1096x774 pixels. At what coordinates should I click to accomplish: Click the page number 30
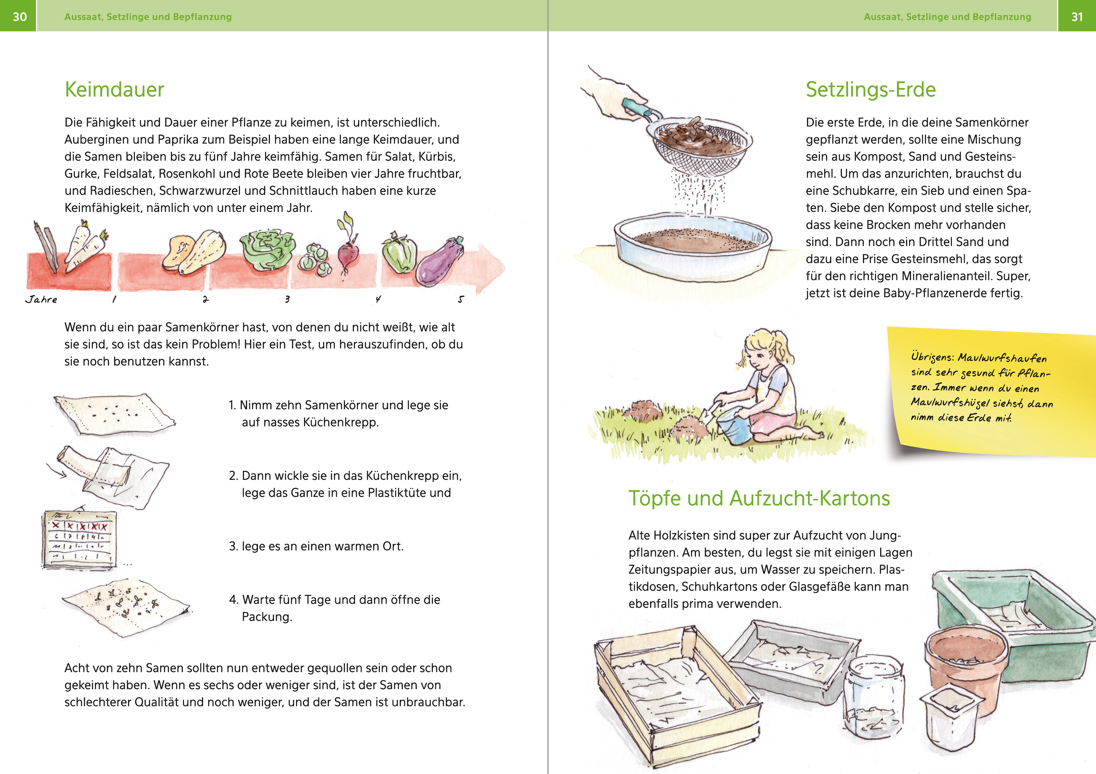point(20,17)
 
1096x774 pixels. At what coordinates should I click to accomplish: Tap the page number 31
point(1077,17)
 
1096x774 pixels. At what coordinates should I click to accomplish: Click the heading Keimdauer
point(114,89)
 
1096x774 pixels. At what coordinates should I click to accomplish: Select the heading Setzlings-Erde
point(871,89)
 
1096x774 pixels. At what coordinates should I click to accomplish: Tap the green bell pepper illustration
point(399,253)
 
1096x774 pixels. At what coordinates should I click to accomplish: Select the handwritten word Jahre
point(41,299)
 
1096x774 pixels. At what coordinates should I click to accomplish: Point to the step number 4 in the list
point(233,600)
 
